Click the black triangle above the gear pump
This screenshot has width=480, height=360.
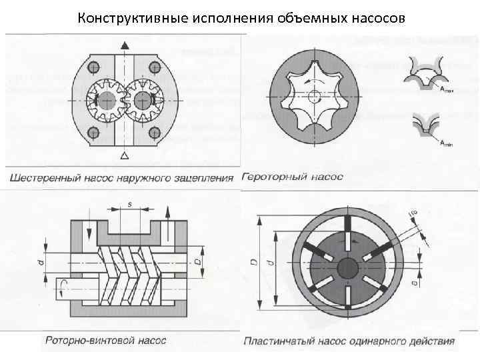124,45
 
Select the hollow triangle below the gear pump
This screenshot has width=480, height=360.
124,156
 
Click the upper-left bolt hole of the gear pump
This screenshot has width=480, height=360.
93,67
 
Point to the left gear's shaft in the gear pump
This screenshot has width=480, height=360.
106,100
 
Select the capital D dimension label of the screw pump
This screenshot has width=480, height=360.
197,255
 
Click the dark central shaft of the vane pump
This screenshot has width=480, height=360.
349,267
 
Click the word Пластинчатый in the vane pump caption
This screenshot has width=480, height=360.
277,341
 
